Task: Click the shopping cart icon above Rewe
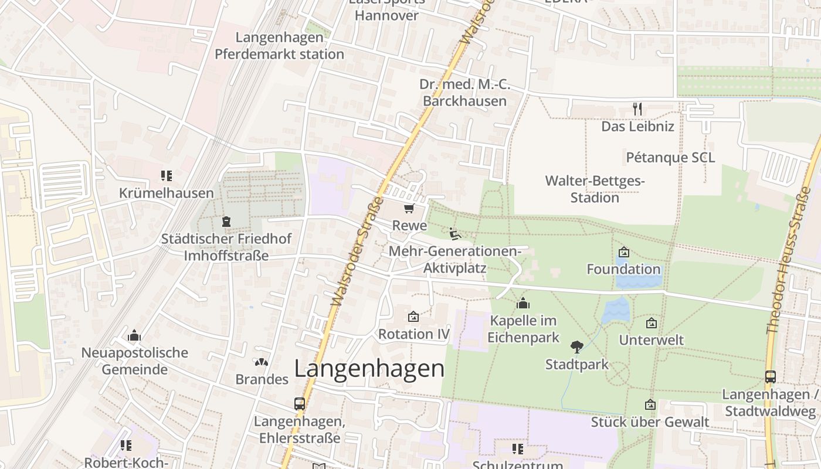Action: tap(409, 209)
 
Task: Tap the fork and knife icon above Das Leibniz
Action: tap(638, 108)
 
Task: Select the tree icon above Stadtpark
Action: tap(577, 346)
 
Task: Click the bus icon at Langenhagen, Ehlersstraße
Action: tap(300, 403)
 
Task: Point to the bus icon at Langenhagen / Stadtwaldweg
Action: tap(771, 377)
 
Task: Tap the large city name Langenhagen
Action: tap(369, 369)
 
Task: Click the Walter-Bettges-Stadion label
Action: tap(595, 189)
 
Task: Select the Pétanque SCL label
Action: tap(670, 158)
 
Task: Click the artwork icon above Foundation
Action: tap(624, 252)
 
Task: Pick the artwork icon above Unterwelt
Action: tap(651, 323)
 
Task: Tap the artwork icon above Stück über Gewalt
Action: tap(650, 405)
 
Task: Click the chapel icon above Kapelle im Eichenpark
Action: tap(523, 303)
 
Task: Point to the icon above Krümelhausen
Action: tap(167, 176)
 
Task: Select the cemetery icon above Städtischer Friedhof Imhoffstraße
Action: tap(226, 222)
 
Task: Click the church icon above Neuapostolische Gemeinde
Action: tap(134, 335)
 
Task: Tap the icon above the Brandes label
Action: tap(262, 362)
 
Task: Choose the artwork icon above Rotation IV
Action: tap(413, 317)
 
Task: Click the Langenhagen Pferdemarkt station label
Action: tap(279, 46)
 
